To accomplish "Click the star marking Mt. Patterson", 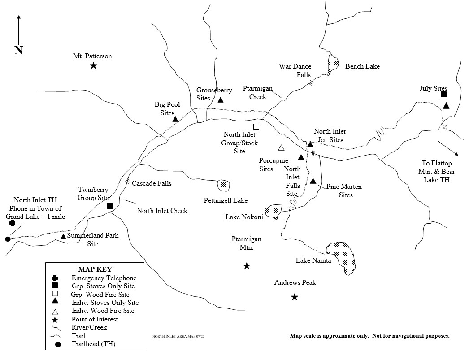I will pos(93,66).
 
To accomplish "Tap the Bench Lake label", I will pos(362,66).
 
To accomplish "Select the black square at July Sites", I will pos(443,94).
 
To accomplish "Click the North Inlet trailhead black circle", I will pos(8,239).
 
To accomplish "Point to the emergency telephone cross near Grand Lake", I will pos(13,223).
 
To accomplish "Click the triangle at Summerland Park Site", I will pos(64,236).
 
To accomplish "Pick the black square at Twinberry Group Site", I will pos(110,206).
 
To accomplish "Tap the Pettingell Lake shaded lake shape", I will pos(223,185).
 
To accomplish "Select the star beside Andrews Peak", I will pos(294,297).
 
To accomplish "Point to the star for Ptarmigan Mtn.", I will pos(246,266).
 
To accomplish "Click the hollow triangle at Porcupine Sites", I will pos(281,147).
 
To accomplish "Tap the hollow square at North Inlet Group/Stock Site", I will pos(256,126).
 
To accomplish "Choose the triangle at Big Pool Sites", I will pos(175,119).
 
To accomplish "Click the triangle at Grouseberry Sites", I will pos(221,100).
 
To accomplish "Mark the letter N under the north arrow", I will pos(18,50).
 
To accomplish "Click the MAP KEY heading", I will pos(94,269).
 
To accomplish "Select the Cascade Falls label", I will pos(152,183).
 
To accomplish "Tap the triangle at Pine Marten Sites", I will pos(313,181).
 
